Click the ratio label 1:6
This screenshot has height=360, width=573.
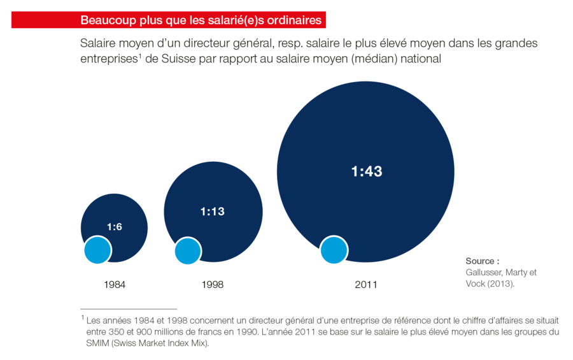point(114,227)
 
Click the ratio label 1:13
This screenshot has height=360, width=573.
point(213,211)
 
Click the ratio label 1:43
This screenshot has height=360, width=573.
point(366,171)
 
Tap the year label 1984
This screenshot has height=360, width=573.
point(114,285)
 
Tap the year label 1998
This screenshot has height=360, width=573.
point(212,285)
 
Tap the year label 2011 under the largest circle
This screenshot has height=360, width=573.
point(365,285)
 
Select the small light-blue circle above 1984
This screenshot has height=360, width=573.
point(98,250)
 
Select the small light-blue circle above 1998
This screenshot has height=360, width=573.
point(188,250)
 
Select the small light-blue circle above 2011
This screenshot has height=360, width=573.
point(334,250)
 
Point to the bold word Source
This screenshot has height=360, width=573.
point(480,261)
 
